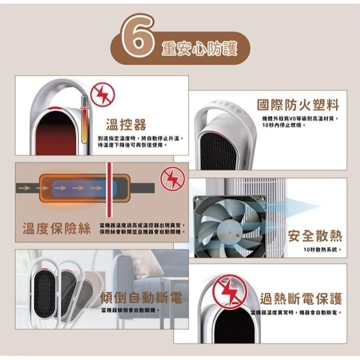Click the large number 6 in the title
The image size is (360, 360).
137,36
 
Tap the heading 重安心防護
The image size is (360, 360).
199,49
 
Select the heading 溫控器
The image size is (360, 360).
126,124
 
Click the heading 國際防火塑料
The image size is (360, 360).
298,105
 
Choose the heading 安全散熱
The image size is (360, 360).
315,236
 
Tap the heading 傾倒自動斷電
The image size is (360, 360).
141,298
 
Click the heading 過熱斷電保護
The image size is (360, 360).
302,299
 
